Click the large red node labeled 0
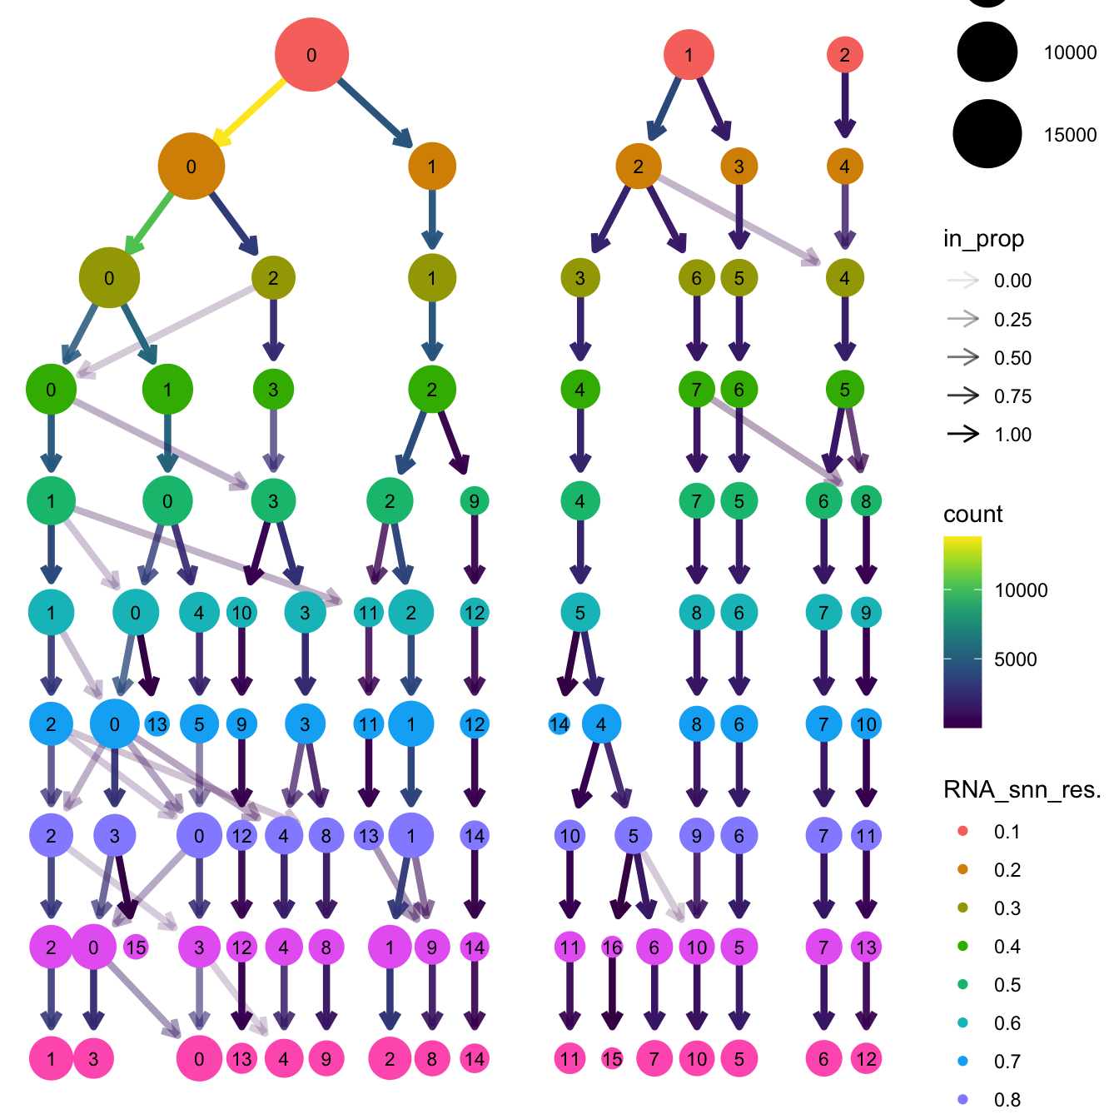point(311,55)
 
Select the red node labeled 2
point(844,55)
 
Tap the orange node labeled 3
point(739,167)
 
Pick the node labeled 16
point(612,947)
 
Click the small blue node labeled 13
point(157,724)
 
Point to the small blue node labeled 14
point(559,724)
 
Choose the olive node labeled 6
point(696,278)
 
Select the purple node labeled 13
point(368,835)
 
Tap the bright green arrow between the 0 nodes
point(150,222)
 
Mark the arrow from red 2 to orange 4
point(844,104)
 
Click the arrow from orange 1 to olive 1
point(431,218)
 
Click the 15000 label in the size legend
point(1070,135)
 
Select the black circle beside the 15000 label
point(987,133)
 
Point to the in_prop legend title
point(983,239)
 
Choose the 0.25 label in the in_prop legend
point(1012,320)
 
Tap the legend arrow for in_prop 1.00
point(963,434)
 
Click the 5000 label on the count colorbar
point(1016,659)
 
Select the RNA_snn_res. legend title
point(1022,789)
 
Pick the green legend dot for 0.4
point(963,947)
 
